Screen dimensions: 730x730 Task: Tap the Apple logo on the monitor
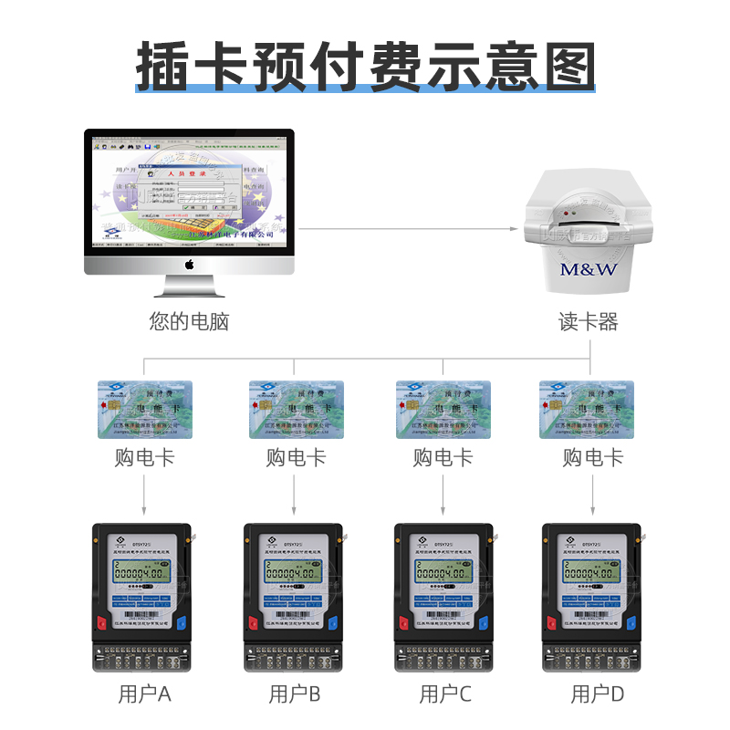point(190,265)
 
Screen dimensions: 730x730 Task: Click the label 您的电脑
point(189,321)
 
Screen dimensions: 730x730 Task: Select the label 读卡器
point(589,322)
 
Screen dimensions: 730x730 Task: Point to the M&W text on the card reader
point(589,269)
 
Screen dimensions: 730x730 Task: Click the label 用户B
point(295,694)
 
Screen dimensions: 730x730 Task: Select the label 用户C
point(445,694)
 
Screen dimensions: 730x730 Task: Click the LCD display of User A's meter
point(141,573)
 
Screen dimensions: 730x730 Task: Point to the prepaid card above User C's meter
point(443,409)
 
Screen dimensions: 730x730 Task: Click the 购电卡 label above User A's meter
point(144,457)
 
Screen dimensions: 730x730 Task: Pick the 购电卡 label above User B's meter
point(295,457)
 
